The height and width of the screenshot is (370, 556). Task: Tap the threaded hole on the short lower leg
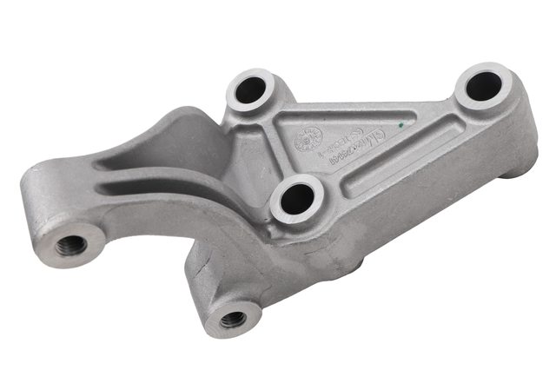[x=232, y=320]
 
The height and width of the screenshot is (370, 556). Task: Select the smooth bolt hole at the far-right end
[x=483, y=86]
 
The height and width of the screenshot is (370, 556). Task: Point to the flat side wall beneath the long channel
[x=408, y=208]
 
